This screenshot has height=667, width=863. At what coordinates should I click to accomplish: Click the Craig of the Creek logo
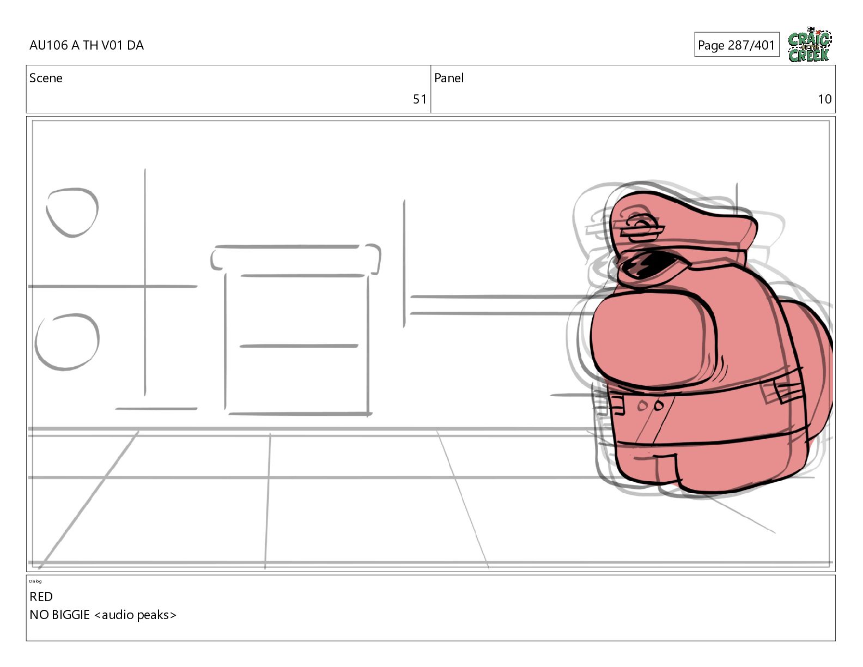click(x=810, y=45)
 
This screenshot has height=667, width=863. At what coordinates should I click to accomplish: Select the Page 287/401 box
click(x=737, y=45)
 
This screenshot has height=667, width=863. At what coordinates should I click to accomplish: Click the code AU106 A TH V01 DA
click(x=87, y=45)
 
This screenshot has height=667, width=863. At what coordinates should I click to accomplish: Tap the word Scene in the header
click(x=46, y=78)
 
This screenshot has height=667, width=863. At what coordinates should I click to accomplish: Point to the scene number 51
click(x=420, y=99)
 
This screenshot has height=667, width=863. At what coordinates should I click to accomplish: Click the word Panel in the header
click(x=449, y=78)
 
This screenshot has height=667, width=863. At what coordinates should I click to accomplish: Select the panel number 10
click(x=824, y=99)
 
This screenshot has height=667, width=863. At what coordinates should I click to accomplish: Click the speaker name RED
click(x=41, y=597)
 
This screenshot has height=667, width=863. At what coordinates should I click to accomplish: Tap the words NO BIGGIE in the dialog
click(x=59, y=615)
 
